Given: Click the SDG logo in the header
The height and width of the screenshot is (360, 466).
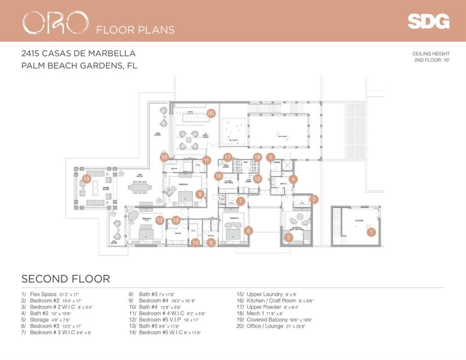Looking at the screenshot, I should pos(428,22).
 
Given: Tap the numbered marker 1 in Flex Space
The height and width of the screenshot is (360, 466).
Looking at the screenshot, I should pos(371,232).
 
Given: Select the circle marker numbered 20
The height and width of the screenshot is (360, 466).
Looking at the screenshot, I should pos(211,112).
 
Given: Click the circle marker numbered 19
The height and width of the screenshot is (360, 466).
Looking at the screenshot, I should pos(86,178).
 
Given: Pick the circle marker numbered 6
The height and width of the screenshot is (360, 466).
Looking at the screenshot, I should pos(248,230).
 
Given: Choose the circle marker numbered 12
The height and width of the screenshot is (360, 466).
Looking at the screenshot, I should pos(160,220).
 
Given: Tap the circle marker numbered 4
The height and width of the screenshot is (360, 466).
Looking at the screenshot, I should pos(293,179).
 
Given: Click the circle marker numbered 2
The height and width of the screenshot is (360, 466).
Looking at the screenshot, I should pos(288,238).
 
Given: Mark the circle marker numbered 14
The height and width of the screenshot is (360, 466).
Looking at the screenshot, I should pos(196,242).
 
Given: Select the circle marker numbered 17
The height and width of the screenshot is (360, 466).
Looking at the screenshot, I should pos(227,157).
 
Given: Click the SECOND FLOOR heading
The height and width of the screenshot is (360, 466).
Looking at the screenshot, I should pos(65,279).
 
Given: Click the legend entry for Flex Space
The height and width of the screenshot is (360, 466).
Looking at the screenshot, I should pos(48,295).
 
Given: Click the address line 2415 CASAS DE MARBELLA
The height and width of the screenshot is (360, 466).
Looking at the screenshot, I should pos(78,54).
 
